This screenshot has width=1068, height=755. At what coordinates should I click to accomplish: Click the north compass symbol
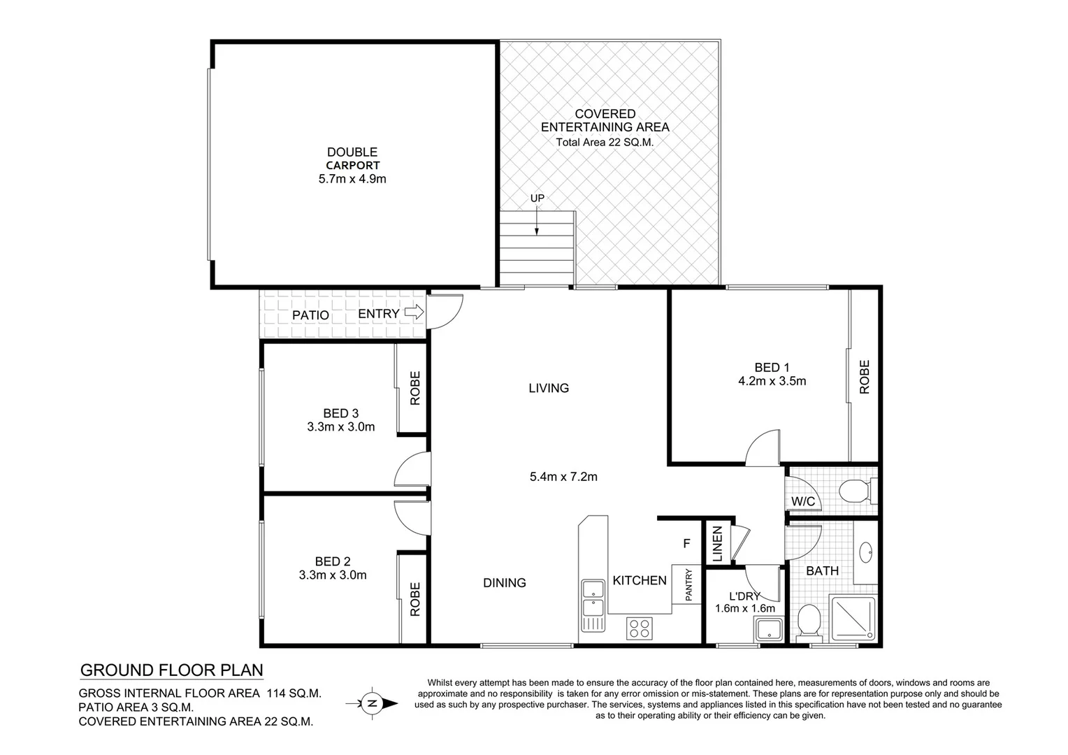[373, 703]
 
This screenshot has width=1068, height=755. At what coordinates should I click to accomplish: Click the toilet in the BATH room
[809, 619]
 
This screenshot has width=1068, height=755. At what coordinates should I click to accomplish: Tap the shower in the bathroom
[852, 618]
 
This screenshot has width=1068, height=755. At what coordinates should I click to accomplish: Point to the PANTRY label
[688, 584]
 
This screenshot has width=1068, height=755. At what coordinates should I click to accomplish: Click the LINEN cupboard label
[718, 543]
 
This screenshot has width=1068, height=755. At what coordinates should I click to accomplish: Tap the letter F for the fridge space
[686, 542]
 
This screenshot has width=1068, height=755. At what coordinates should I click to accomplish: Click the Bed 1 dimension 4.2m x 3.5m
[772, 381]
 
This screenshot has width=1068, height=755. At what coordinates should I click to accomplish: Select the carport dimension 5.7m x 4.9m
[352, 179]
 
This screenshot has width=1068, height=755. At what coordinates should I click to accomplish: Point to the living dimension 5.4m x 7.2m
[563, 477]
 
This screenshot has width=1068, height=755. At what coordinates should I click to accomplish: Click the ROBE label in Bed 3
[414, 388]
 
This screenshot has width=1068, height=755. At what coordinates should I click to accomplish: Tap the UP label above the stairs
[537, 198]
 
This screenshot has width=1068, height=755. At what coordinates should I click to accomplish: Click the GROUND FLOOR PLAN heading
[172, 670]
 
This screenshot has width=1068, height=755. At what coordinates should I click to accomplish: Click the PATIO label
[310, 315]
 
